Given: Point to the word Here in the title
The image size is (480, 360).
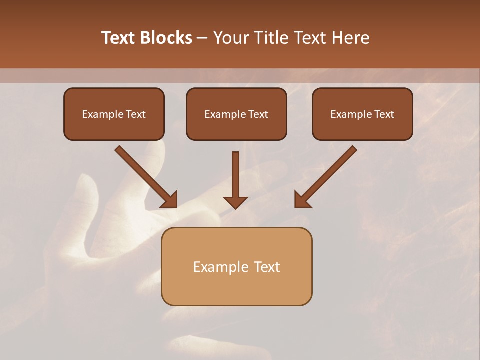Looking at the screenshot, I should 350,38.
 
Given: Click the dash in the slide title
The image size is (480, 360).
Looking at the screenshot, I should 202,38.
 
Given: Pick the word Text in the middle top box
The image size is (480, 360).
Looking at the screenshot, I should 258,114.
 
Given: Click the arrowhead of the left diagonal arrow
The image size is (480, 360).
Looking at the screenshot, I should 170,200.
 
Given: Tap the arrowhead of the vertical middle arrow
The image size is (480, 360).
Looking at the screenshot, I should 235,202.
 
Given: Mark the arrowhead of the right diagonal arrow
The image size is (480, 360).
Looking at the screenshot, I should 302,200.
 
